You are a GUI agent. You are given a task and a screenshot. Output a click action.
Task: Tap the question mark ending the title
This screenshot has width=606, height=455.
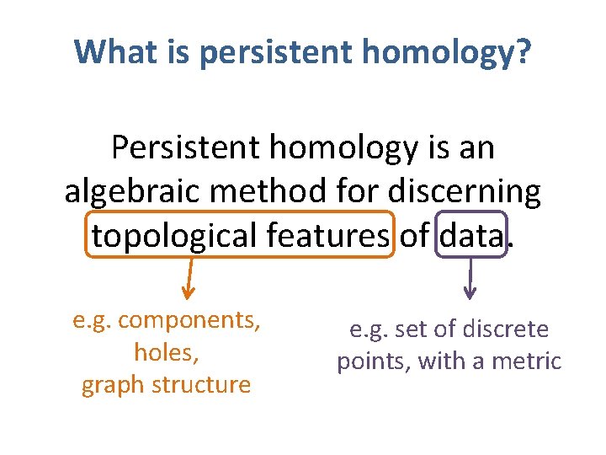coord(523,51)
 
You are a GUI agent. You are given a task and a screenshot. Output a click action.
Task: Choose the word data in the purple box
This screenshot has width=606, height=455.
coord(470,236)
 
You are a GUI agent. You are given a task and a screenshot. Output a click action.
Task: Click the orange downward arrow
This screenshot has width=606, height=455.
coord(189,279)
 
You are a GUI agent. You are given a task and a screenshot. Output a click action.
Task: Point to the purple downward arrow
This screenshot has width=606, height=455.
coord(470,279)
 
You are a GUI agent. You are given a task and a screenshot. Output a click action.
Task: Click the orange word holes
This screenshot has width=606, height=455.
coord(167,352)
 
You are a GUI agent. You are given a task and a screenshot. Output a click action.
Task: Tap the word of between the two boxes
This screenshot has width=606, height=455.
coord(414,236)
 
